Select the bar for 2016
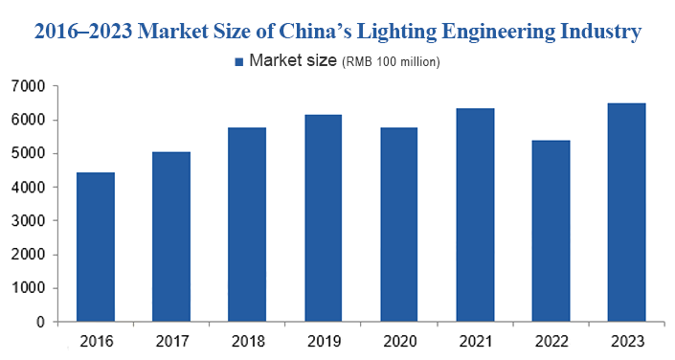[x=96, y=247]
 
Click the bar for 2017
[x=171, y=236]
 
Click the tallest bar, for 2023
[x=626, y=213]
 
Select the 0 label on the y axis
[x=40, y=322]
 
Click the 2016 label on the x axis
[x=96, y=340]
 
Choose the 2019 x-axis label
[x=323, y=340]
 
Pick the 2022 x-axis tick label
[x=551, y=340]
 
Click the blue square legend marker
[x=238, y=62]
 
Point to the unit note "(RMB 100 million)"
[x=391, y=62]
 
